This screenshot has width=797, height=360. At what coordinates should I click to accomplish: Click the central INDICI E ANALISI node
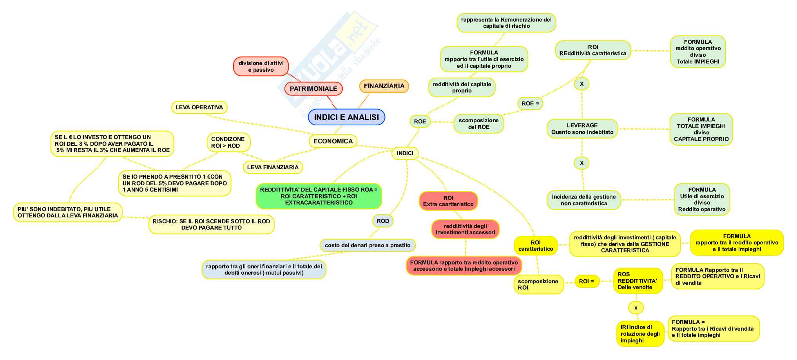346,117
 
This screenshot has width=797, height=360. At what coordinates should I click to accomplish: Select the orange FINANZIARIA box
384,86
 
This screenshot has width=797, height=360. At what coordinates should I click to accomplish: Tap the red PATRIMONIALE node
313,89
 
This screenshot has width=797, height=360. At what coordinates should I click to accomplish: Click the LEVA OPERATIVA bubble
199,107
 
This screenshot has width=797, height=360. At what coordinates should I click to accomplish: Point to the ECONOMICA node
333,141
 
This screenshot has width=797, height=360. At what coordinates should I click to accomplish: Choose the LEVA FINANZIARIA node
273,167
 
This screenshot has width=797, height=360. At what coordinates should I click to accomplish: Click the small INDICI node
405,153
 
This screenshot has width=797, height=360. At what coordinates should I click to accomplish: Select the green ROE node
420,121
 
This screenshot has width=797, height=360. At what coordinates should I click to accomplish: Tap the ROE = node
530,103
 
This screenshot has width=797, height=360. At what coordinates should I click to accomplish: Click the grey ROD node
383,221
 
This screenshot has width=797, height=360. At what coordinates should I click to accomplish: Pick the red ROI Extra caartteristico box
448,201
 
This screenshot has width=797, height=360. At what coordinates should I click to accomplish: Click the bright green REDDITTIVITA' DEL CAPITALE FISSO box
319,196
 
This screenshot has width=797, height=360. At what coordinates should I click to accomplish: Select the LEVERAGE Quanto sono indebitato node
582,128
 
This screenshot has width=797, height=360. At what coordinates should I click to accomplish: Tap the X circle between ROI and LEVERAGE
581,84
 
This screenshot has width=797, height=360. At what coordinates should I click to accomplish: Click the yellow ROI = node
587,281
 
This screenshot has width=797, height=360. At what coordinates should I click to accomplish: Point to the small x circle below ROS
636,308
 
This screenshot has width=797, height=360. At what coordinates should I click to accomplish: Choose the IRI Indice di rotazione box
640,334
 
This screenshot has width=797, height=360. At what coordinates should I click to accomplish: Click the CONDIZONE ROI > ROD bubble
228,142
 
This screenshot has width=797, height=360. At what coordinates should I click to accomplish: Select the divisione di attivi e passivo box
261,66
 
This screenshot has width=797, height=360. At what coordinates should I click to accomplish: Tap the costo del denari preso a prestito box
367,245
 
